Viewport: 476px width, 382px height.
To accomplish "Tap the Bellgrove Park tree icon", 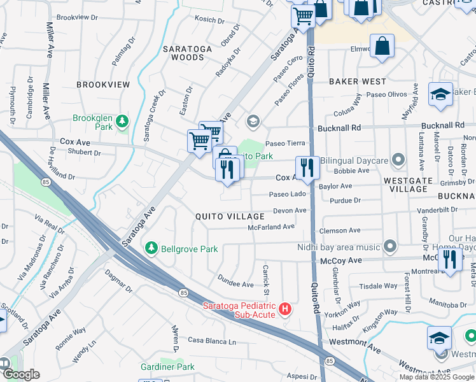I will coord(151,248).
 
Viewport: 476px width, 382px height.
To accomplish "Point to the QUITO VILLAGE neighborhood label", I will coord(230,216).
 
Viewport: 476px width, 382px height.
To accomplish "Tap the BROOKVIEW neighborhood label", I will coord(103,84).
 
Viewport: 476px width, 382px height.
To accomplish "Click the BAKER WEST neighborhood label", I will coord(357,81).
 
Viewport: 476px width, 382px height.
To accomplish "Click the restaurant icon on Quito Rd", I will coord(307,168).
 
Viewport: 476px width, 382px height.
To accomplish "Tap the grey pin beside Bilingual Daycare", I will coord(399,159).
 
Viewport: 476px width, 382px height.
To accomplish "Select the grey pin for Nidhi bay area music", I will coord(389,246).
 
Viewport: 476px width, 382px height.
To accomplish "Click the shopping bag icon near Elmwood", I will coord(382,46).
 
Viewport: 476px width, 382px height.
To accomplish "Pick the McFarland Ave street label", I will coord(271,227).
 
